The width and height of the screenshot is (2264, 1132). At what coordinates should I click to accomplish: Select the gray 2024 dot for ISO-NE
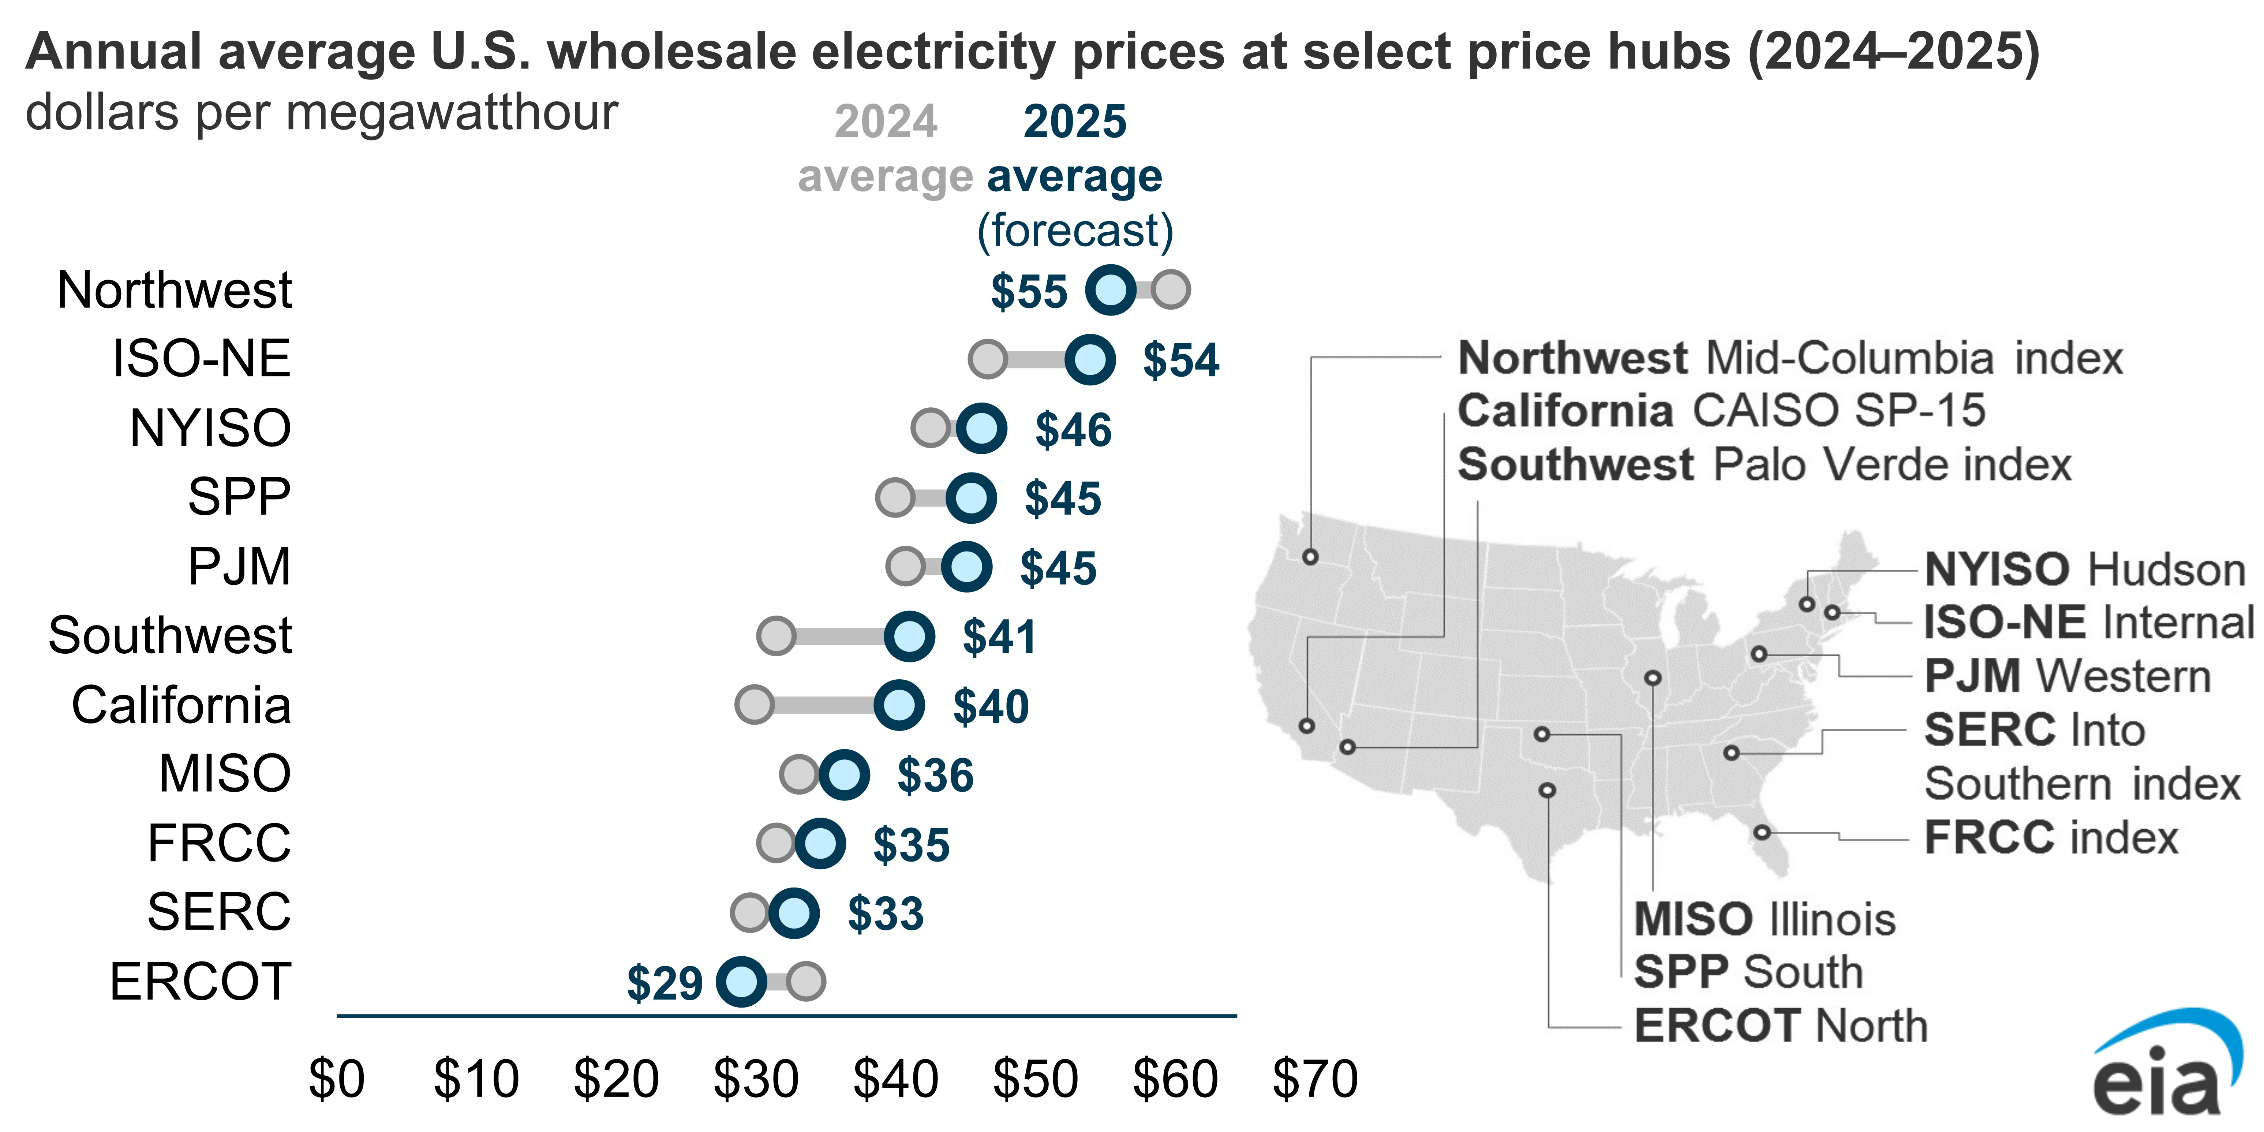[988, 359]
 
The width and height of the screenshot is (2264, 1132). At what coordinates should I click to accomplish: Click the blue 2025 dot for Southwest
[909, 636]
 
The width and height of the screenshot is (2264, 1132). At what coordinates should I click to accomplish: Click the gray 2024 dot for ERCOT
[805, 981]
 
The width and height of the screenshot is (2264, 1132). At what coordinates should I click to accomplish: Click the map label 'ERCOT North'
[1781, 1025]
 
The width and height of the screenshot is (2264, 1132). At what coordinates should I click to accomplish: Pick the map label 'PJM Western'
[2067, 676]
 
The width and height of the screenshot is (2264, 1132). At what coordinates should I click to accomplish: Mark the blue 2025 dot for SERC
[794, 913]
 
